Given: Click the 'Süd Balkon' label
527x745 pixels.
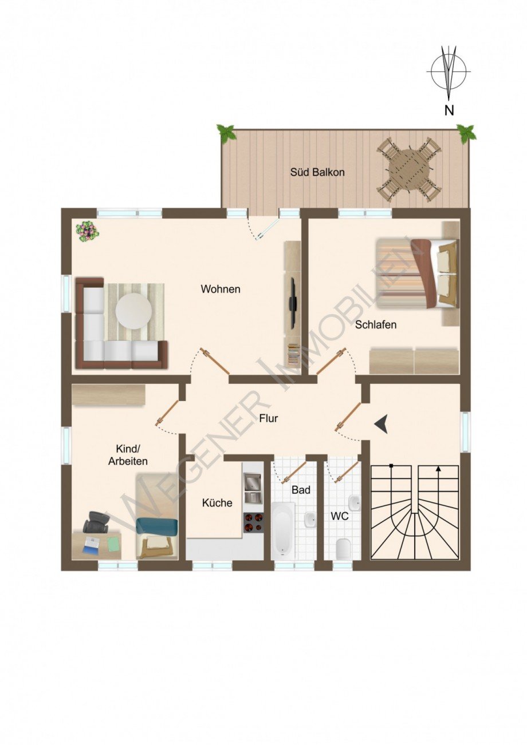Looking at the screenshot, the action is (317, 172).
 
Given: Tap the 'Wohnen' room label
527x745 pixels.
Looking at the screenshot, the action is (221, 289).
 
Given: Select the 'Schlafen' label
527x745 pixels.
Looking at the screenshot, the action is (376, 324).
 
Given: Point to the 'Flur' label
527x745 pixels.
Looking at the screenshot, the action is (268, 418).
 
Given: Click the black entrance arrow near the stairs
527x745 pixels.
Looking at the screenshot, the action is (382, 425).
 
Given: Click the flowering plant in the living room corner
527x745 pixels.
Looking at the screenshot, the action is (87, 231).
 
